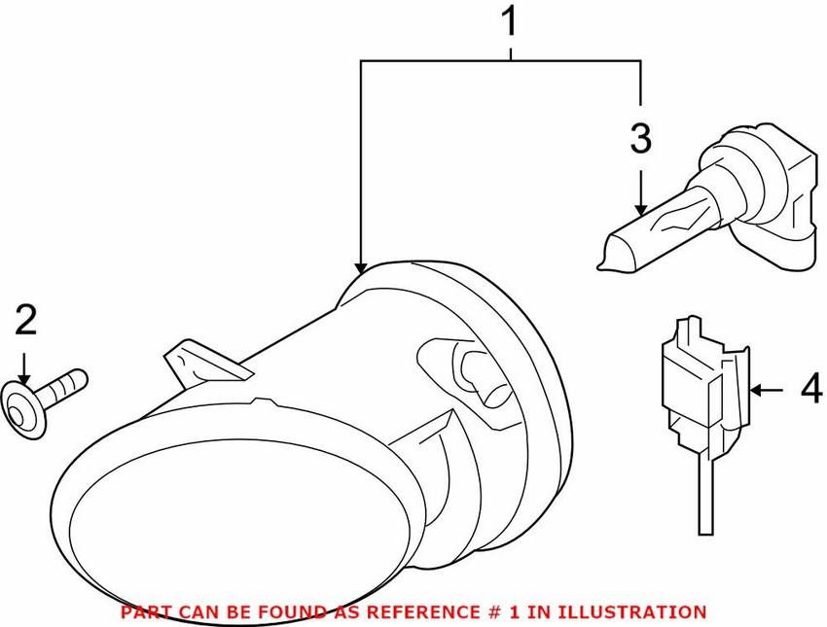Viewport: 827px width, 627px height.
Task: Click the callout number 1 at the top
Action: (510, 21)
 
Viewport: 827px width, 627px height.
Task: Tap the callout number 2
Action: (26, 321)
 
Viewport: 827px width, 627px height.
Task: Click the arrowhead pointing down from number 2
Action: (23, 378)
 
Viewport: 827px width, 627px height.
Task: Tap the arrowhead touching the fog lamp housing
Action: (361, 268)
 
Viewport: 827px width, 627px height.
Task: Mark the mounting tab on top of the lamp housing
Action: (207, 363)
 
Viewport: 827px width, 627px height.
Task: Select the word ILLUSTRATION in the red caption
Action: (631, 611)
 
